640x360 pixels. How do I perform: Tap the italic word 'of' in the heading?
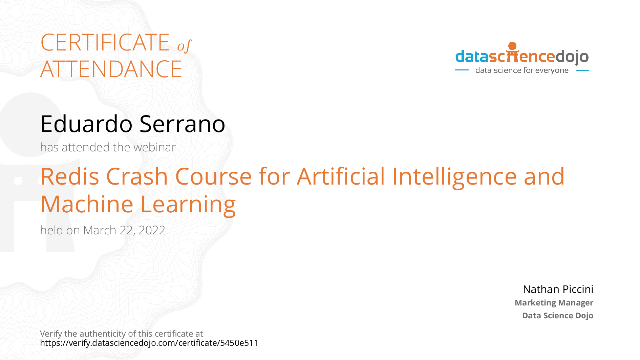coord(184,46)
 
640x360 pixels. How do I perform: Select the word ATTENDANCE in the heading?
coord(111,69)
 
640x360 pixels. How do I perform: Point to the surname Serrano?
coord(182,124)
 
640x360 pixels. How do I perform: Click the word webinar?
coord(155,147)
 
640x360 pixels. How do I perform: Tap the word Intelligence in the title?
coord(454,177)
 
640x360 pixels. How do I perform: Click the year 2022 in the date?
coord(152,230)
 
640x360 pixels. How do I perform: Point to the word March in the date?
coord(100,230)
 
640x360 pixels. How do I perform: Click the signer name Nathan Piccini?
coord(558,289)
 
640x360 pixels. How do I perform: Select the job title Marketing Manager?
coord(554,303)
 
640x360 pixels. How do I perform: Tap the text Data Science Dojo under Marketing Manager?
coord(558,316)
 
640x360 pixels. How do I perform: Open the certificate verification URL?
coord(149,343)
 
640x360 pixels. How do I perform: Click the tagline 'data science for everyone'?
coord(522,70)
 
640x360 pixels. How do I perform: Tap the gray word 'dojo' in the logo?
coord(572,57)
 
